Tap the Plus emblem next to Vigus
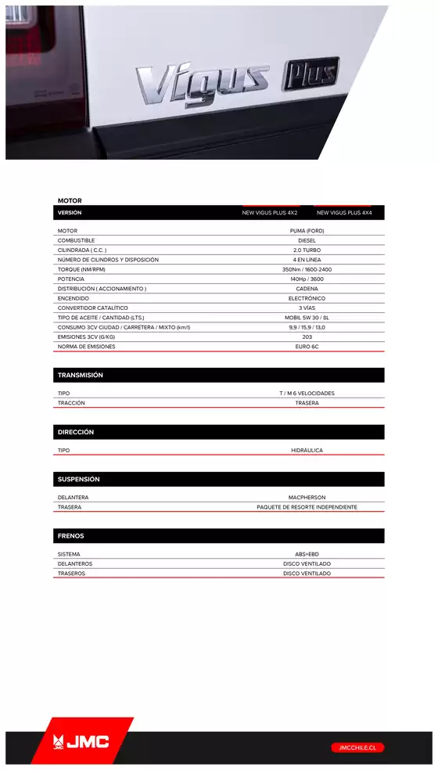point(311,74)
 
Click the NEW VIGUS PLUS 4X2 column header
point(270,213)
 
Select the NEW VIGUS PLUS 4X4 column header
point(344,213)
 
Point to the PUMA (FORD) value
point(307,231)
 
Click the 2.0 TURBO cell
point(307,250)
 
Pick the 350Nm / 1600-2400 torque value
point(307,269)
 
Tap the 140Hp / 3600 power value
point(307,279)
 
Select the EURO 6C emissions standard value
point(307,347)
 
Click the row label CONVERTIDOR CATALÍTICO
point(92,308)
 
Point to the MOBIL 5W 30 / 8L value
point(307,318)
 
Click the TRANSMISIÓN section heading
point(81,376)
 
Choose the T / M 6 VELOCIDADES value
point(307,394)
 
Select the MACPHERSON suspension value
point(307,498)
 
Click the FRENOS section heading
point(71,536)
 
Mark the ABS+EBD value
point(307,554)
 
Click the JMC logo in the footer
point(81,742)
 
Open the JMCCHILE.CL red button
point(357,747)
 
